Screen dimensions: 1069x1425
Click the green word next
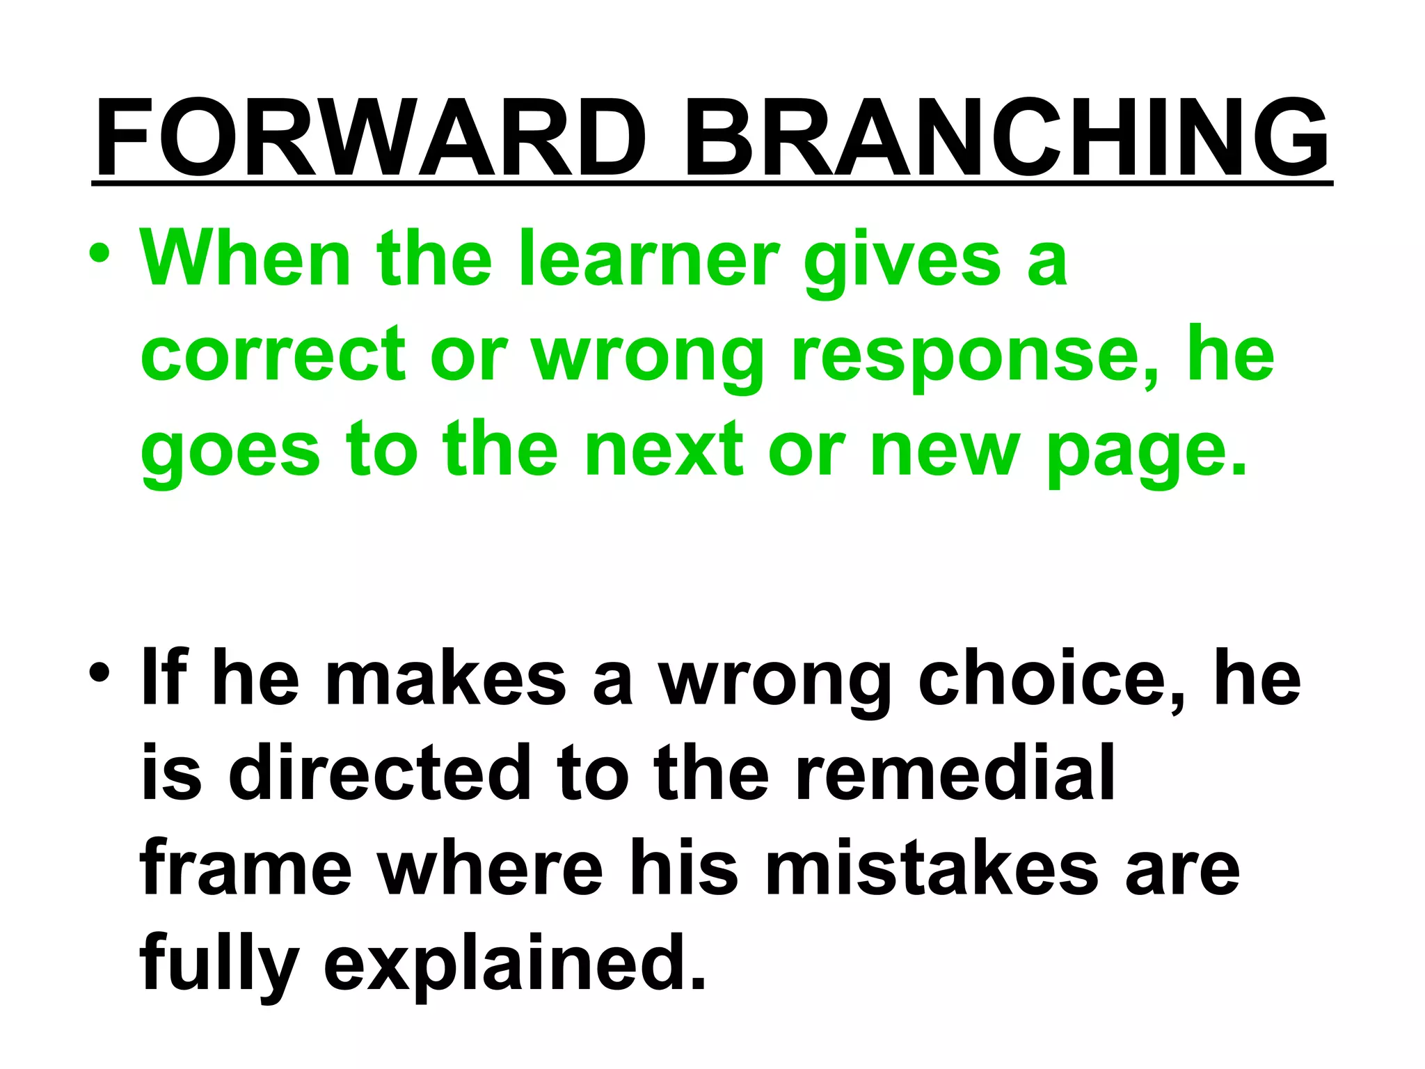pyautogui.click(x=664, y=450)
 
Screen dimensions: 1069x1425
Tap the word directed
pyautogui.click(x=379, y=773)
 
